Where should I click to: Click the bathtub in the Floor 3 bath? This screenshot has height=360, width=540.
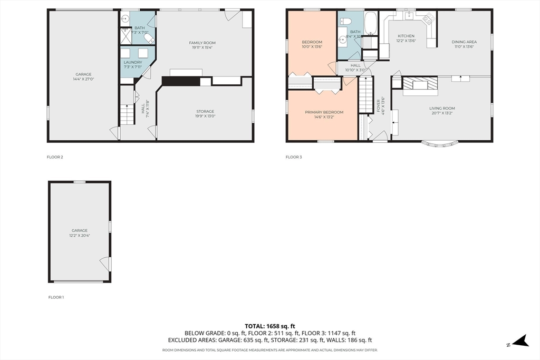pyautogui.click(x=371, y=22)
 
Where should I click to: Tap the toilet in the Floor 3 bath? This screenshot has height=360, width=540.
pyautogui.click(x=346, y=21)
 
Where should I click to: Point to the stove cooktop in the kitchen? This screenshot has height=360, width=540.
pyautogui.click(x=428, y=20)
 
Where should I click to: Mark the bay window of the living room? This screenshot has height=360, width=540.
pyautogui.click(x=439, y=143)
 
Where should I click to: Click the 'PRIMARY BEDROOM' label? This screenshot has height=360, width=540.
pyautogui.click(x=324, y=112)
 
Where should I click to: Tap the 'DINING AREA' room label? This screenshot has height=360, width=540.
pyautogui.click(x=464, y=42)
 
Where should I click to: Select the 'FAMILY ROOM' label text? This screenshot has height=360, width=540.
pyautogui.click(x=203, y=43)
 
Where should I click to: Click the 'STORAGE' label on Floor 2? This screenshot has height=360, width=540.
pyautogui.click(x=205, y=111)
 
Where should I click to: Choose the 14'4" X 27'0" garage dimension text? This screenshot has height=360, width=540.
pyautogui.click(x=83, y=79)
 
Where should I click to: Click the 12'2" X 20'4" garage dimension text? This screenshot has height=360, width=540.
pyautogui.click(x=80, y=235)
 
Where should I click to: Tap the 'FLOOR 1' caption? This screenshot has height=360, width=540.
pyautogui.click(x=56, y=297)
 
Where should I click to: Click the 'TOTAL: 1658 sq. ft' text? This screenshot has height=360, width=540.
pyautogui.click(x=270, y=326)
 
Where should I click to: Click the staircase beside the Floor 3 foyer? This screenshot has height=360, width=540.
pyautogui.click(x=366, y=94)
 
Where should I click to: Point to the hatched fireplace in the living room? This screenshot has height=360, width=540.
pyautogui.click(x=420, y=84)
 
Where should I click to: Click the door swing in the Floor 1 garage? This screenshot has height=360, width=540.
pyautogui.click(x=106, y=263)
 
